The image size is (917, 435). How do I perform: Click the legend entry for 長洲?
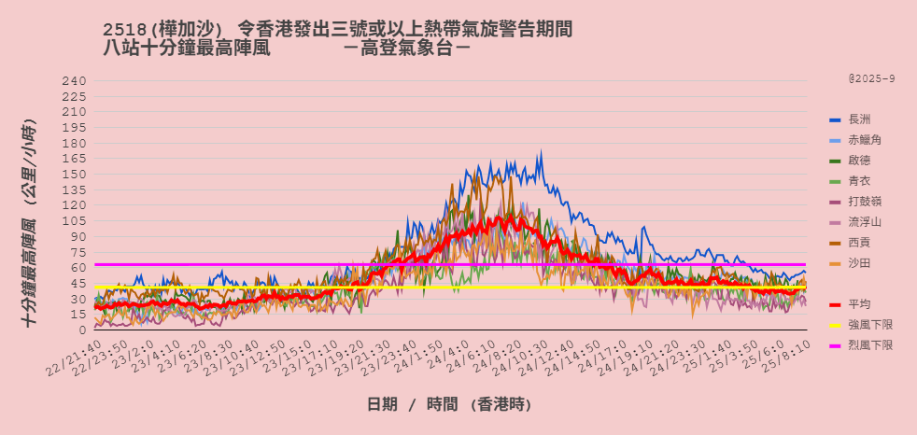pos(859,119)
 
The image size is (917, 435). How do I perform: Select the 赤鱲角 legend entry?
pos(865,140)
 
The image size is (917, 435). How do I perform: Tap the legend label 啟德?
pos(859,161)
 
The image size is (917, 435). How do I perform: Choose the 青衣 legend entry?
pos(859,181)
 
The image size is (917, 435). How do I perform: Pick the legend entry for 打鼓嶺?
pos(865,202)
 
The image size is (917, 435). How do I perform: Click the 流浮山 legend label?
pos(865,222)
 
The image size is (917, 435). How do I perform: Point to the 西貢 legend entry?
pos(859,243)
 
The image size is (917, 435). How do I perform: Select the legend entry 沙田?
pos(859,263)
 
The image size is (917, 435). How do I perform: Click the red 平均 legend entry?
pos(859,304)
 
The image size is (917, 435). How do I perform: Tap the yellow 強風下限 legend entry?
pos(870,325)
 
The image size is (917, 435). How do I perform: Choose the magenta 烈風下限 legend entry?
pos(870,345)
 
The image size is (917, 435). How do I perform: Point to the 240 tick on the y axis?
pos(75,81)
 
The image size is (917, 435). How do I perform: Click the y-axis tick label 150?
pos(75,175)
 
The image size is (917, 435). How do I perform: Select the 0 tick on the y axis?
pos(82,330)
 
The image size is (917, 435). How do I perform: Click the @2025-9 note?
pos(871,79)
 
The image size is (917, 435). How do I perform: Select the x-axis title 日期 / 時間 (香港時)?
pos(449,404)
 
